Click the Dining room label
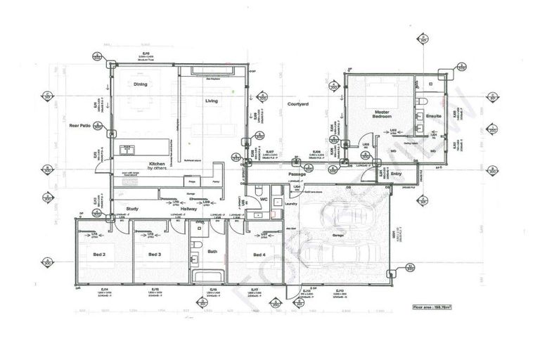point(141,85)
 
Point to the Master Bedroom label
point(381,115)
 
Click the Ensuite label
point(432,113)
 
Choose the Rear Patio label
point(79,126)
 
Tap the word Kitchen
point(157,164)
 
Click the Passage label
point(297,174)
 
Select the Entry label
point(396,174)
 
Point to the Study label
point(131,208)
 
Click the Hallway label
point(188,209)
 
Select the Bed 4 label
point(259,255)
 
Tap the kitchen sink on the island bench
point(128,148)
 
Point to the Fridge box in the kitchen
point(191,181)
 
